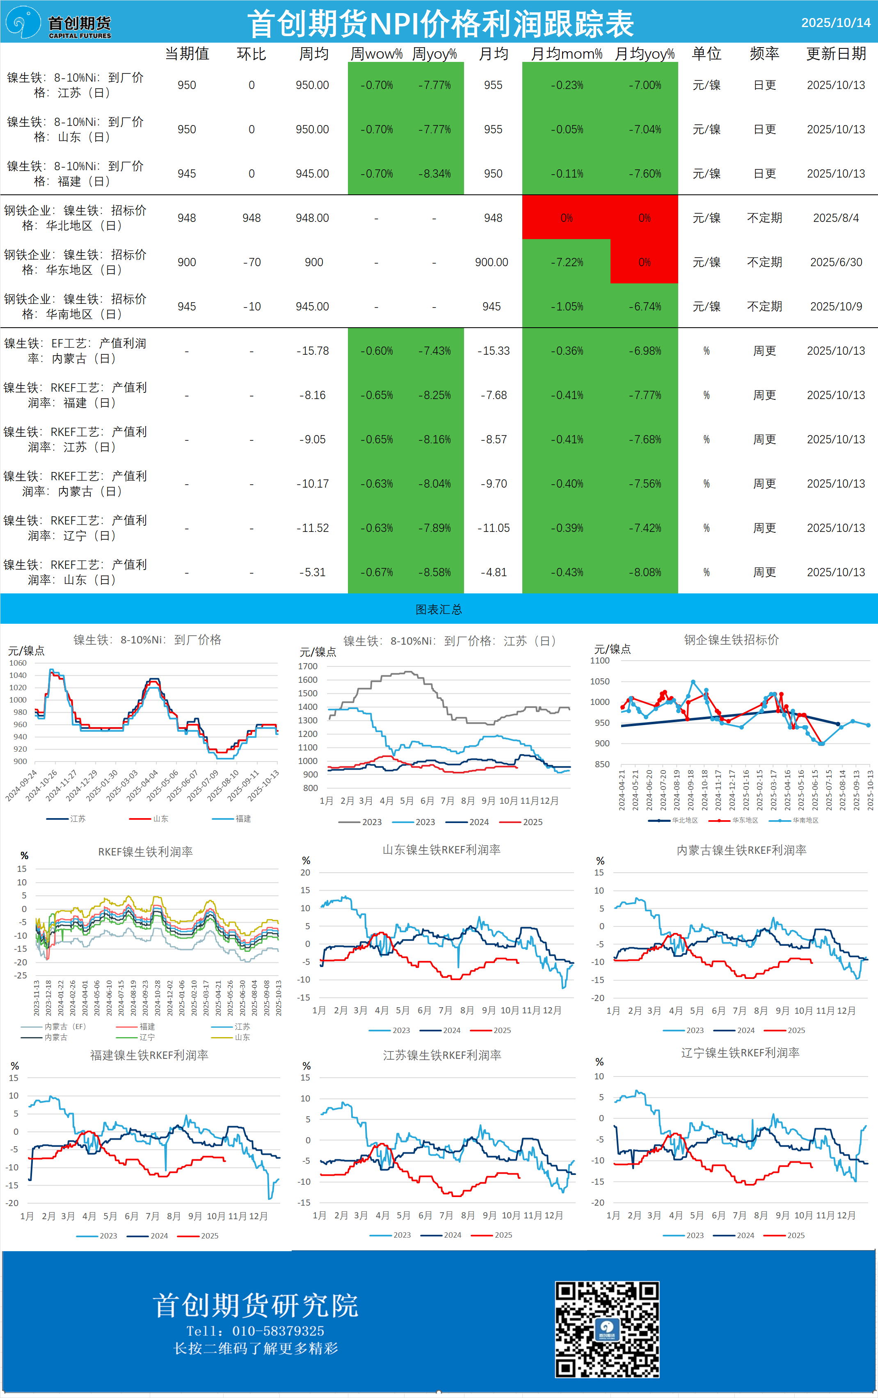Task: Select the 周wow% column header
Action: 376,54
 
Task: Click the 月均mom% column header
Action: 566,54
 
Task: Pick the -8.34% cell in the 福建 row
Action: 434,173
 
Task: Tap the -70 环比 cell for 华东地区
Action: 252,262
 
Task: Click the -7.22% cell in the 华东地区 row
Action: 566,262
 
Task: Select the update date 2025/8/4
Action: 836,218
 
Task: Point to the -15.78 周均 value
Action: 312,351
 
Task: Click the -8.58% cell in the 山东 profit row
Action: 434,572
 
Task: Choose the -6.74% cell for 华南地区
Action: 645,306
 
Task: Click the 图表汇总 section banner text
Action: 439,609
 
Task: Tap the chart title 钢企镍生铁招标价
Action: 731,639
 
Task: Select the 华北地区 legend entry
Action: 684,821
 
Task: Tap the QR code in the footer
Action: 607,1329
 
